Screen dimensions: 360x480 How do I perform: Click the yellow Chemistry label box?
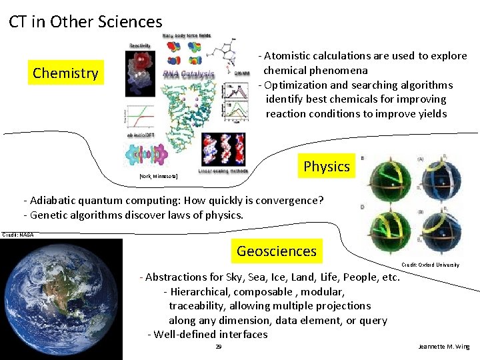tap(65, 73)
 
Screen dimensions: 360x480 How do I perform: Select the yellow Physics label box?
tap(326, 166)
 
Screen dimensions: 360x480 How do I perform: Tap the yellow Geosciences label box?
tap(276, 251)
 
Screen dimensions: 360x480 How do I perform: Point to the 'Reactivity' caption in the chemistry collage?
tap(140, 45)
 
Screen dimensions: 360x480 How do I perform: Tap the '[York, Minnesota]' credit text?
tap(158, 177)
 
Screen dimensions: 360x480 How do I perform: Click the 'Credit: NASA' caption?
tap(18, 235)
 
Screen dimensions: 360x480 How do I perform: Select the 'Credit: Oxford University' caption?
tap(430, 265)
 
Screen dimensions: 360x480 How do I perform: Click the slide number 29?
tap(219, 347)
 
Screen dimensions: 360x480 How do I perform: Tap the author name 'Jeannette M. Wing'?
tap(443, 347)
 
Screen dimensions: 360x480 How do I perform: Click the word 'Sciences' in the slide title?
tap(129, 22)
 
